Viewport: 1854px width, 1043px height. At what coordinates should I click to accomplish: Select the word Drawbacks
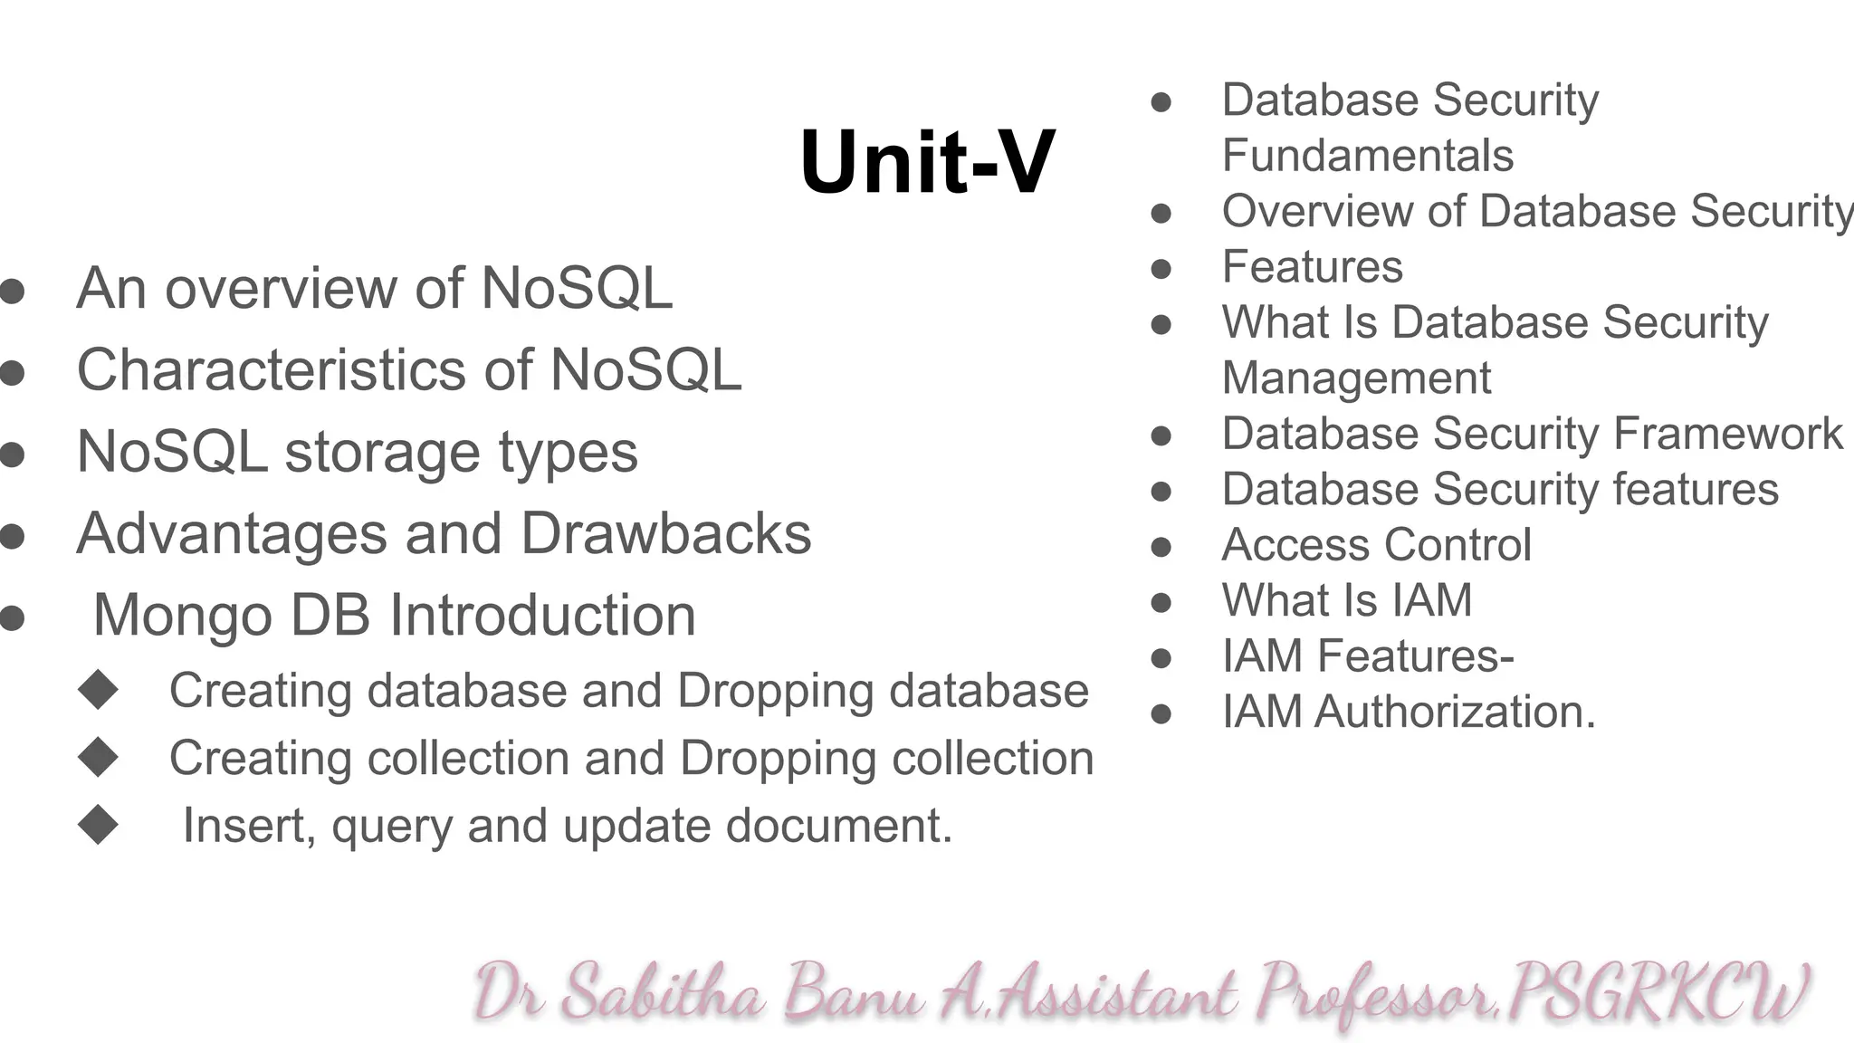666,533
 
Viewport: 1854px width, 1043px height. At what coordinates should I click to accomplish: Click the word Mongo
182,616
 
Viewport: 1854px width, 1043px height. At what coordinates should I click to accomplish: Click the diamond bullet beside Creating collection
98,757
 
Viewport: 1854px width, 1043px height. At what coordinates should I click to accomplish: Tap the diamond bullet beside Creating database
98,689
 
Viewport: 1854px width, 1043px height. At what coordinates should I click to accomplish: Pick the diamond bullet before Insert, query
98,825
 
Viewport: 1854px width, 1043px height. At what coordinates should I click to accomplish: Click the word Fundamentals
1367,155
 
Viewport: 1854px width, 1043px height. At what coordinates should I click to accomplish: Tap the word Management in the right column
1356,378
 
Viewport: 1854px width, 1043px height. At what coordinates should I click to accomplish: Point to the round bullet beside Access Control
1161,547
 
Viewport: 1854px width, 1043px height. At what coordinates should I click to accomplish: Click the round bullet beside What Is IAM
1161,603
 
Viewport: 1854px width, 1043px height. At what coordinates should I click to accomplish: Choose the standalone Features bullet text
1312,267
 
